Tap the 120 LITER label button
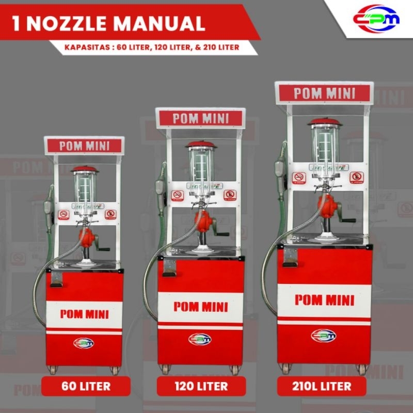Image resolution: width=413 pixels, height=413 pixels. click(201, 386)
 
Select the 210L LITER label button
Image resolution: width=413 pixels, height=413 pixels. click(322, 386)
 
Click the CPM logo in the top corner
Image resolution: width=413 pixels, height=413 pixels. click(376, 18)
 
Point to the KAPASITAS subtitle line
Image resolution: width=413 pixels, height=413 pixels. click(152, 47)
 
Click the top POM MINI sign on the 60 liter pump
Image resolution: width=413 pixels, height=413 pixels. click(84, 146)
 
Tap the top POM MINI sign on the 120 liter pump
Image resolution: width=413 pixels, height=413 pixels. click(200, 118)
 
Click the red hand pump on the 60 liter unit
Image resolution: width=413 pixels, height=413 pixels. click(88, 239)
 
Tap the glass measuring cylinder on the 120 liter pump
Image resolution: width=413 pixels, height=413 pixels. click(201, 165)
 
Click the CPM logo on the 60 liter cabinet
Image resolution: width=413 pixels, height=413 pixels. click(84, 343)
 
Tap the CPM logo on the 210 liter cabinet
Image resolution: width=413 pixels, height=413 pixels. click(324, 336)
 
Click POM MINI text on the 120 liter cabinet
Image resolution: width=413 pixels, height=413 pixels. click(200, 306)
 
